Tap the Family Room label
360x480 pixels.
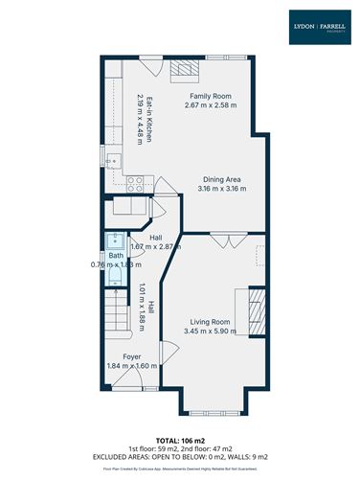(210, 97)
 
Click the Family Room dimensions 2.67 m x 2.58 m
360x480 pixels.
(210, 105)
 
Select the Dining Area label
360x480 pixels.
(221, 178)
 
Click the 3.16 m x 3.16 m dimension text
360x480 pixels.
(221, 188)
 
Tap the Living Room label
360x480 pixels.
(209, 322)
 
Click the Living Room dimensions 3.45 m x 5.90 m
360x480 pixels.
(209, 331)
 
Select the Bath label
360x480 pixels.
(115, 255)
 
